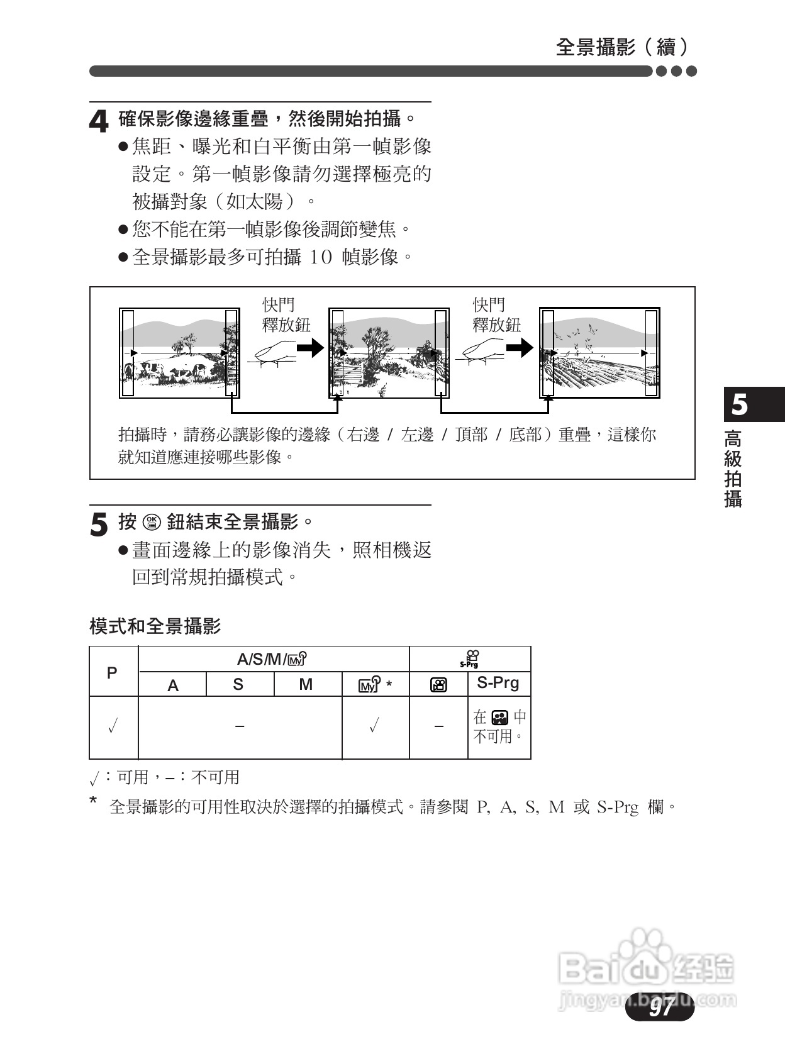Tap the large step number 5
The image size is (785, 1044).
coord(99,525)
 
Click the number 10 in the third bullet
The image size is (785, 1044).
coord(320,257)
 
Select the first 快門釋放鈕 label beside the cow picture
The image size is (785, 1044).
coord(286,315)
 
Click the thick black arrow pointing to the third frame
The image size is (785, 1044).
coord(520,347)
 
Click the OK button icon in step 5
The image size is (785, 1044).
coord(152,522)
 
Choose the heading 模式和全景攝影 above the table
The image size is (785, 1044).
coord(155,626)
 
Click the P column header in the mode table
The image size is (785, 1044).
coord(113,672)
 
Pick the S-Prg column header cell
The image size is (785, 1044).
coord(498,683)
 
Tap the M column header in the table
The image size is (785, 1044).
coord(306,684)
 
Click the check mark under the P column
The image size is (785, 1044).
coord(113,728)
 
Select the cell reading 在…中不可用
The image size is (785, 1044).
coord(499,727)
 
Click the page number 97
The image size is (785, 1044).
coord(660,1008)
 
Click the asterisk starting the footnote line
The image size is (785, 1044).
coord(94,801)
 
